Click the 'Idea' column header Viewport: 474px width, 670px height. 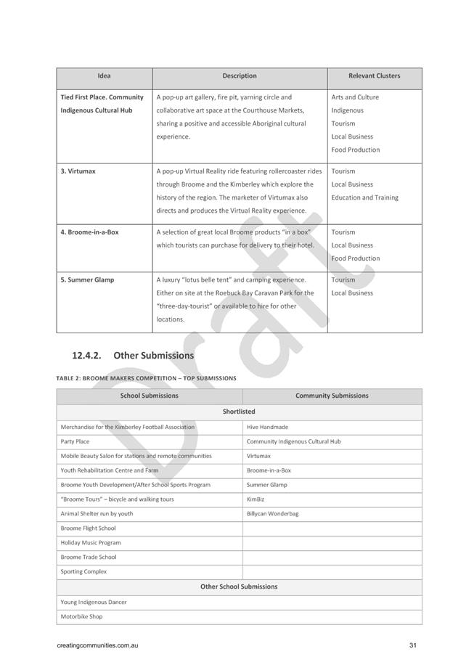[x=104, y=75]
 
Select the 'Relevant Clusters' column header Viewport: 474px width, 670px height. [x=374, y=75]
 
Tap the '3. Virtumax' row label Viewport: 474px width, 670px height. [x=78, y=171]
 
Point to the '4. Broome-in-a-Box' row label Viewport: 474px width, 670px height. [x=89, y=232]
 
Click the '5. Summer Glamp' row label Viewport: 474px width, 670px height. [x=87, y=280]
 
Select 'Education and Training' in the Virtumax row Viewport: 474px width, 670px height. [x=364, y=197]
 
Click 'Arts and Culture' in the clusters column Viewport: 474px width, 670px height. [x=355, y=97]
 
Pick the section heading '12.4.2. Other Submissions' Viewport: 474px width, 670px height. [x=133, y=356]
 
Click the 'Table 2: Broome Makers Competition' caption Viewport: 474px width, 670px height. [x=146, y=378]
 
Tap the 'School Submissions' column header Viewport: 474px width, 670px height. [x=149, y=396]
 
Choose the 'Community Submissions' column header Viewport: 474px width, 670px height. [x=332, y=396]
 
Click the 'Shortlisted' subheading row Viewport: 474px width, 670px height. [x=239, y=412]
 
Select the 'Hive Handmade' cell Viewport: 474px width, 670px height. [x=267, y=428]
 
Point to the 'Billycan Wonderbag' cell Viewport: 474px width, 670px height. [x=272, y=514]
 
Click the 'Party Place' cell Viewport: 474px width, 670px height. [x=75, y=441]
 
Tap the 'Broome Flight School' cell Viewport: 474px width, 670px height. [x=88, y=528]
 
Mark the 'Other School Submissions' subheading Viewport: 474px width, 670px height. [x=239, y=587]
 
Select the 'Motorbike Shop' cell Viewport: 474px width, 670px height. [x=81, y=617]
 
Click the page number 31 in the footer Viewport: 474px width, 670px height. [x=412, y=646]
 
